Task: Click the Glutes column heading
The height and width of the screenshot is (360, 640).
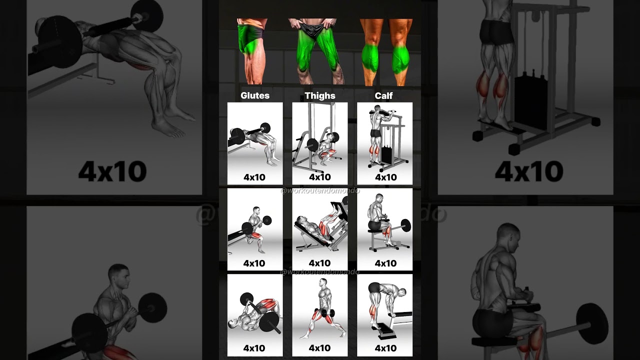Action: click(255, 95)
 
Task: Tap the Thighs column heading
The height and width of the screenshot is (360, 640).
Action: click(320, 95)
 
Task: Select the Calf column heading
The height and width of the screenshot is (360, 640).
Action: click(384, 95)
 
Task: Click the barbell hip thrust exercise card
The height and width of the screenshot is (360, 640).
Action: click(255, 142)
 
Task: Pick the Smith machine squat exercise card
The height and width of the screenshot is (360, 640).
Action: click(320, 142)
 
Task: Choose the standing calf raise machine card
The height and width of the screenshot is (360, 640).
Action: click(384, 142)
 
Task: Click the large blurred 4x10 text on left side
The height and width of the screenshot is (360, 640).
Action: click(112, 171)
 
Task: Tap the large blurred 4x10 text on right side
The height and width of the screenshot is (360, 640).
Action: click(529, 171)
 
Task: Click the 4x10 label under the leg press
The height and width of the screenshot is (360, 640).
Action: click(320, 263)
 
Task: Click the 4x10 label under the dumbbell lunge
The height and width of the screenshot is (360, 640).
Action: click(320, 348)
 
